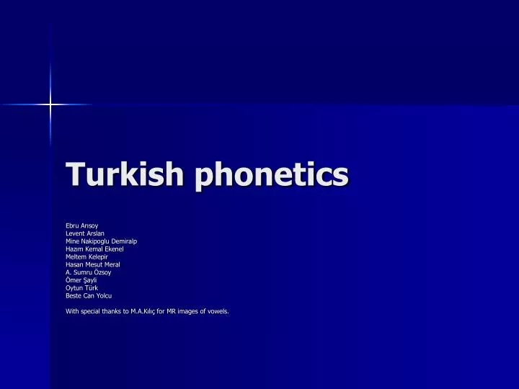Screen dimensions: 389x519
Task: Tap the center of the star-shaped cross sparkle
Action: coord(50,105)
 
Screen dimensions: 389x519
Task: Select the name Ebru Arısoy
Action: coord(82,226)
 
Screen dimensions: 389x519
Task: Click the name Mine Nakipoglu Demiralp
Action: coord(101,241)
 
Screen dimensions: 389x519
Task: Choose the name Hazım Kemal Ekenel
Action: coord(95,249)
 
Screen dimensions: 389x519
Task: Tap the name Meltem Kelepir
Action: coord(86,257)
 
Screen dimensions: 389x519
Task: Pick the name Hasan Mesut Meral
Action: coord(92,265)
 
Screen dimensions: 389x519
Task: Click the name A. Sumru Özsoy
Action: coord(88,272)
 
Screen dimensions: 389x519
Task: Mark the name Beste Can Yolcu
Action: coord(89,295)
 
